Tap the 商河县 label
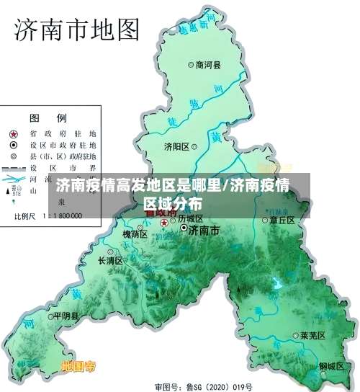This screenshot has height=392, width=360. click(208, 64)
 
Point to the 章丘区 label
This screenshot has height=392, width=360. click(282, 220)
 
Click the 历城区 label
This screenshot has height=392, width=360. click(191, 218)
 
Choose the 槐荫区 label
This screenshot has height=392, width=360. click(135, 234)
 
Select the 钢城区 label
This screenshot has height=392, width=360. click(333, 366)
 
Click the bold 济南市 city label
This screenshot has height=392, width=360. click(203, 230)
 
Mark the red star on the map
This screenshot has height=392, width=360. click(164, 223)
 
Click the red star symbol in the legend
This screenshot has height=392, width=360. click(14, 134)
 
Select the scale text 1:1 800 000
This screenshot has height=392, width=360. click(63, 215)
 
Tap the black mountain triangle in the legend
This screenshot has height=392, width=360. click(14, 191)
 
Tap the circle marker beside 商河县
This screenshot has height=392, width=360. click(191, 64)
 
